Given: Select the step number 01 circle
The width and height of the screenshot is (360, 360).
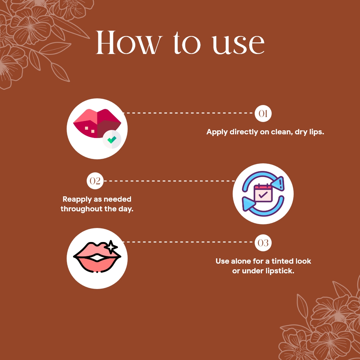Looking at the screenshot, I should click(263, 114).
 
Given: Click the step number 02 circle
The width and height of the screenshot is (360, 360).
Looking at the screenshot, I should click(95, 181).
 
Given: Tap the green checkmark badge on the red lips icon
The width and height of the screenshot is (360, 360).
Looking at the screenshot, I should click(112, 139).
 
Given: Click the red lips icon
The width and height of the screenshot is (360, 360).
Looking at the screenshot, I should click(97, 123).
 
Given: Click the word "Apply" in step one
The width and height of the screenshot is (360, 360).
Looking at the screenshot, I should click(217, 132).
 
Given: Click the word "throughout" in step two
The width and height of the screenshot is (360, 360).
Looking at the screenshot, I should click(81, 210).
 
